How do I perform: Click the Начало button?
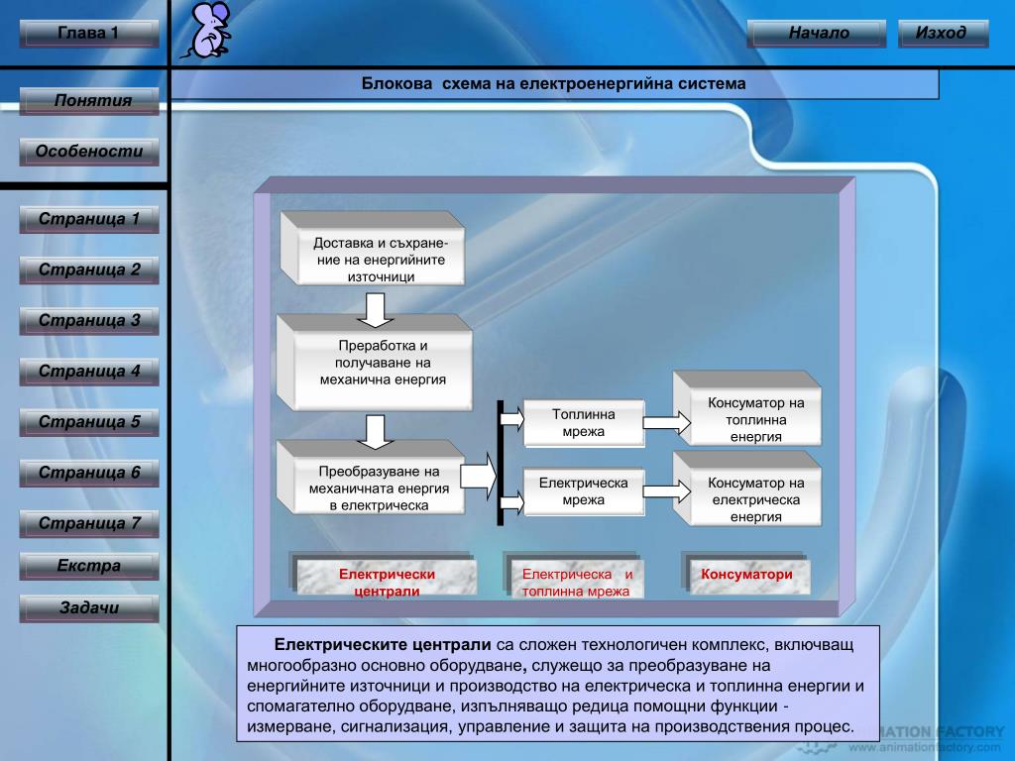point(819,34)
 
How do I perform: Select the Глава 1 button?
point(88,34)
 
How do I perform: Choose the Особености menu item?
point(89,152)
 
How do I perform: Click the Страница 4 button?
point(89,373)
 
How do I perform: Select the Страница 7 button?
point(89,523)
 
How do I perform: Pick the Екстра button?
point(89,567)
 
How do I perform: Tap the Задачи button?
point(89,608)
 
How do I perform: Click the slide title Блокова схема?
point(553,85)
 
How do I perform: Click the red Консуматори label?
point(746,575)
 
